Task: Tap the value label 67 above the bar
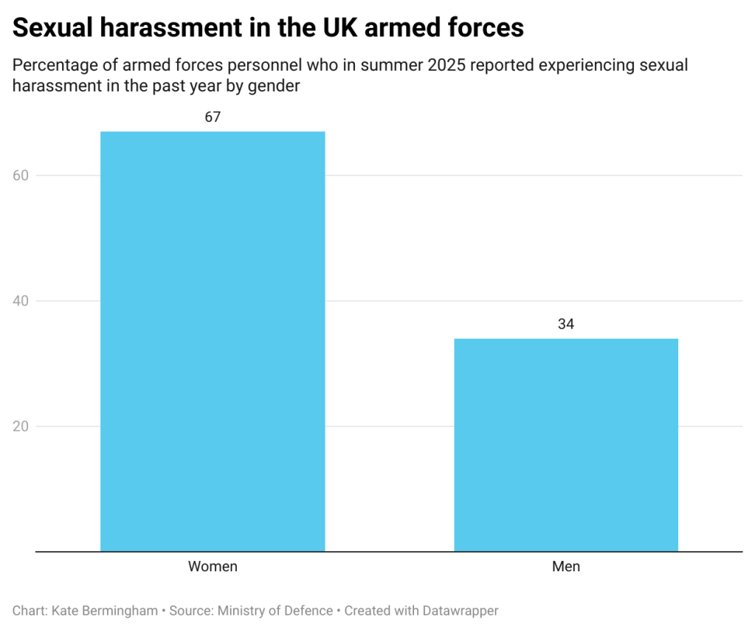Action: point(213,117)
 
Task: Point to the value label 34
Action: point(566,324)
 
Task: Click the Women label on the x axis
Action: point(213,567)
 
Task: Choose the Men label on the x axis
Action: point(566,567)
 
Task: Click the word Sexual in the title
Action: point(51,28)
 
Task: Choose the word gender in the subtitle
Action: point(276,86)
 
